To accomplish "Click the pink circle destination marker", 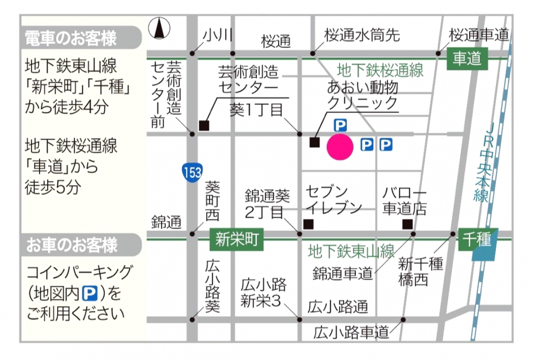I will click(340, 147).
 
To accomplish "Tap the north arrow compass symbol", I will click(159, 28).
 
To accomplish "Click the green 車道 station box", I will click(468, 58).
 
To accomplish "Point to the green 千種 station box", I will click(478, 239).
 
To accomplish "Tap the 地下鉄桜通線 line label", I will click(380, 70).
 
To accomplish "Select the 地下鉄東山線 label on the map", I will click(351, 251).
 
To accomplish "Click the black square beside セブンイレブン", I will click(308, 224).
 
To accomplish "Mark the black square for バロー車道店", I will click(408, 224).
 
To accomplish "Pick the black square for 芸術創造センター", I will click(203, 126).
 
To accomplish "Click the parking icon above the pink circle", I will click(340, 125).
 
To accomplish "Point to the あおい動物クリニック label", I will click(363, 95).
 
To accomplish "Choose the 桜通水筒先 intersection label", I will click(362, 36).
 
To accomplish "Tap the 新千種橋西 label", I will click(421, 272).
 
